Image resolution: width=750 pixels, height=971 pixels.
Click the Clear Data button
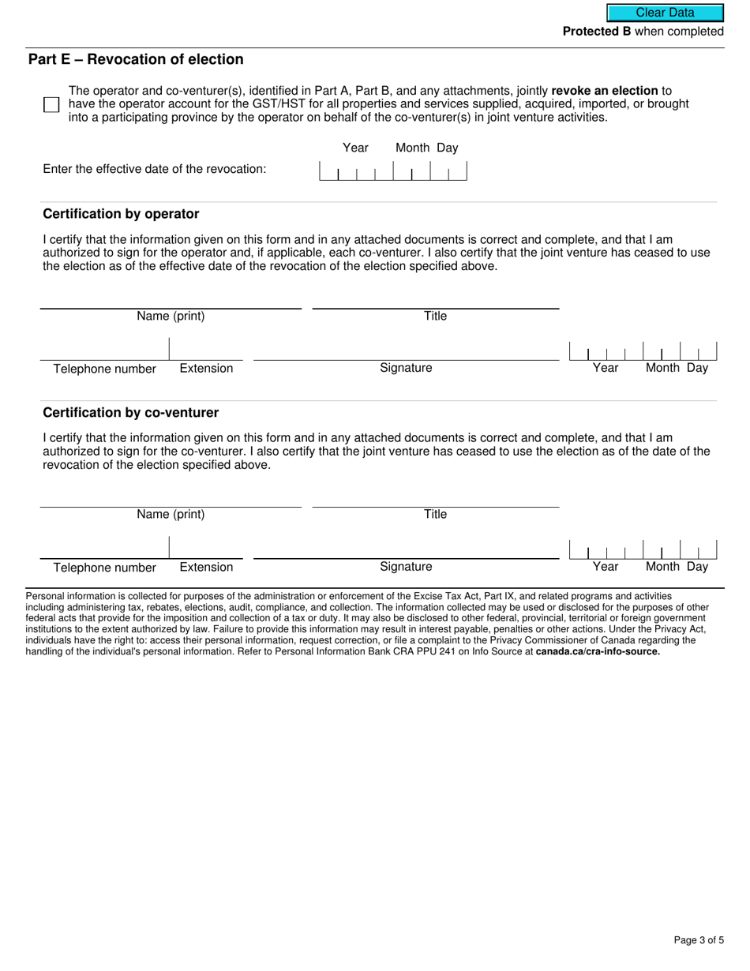(x=665, y=13)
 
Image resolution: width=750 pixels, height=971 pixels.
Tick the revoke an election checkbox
(x=51, y=105)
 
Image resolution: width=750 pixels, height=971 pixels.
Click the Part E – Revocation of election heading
(x=136, y=59)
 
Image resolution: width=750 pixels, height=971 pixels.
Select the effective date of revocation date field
(x=392, y=171)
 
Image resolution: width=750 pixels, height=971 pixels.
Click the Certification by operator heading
(x=121, y=214)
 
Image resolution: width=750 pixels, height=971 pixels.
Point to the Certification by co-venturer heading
(x=130, y=412)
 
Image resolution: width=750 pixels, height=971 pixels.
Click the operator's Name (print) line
(x=171, y=301)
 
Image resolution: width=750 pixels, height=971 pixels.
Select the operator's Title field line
(x=435, y=301)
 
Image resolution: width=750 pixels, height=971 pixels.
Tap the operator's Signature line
(x=406, y=353)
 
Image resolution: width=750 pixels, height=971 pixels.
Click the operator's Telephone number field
(x=104, y=351)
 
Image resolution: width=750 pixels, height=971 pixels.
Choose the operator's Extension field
(x=206, y=351)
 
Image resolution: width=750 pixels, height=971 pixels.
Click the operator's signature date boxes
(x=643, y=351)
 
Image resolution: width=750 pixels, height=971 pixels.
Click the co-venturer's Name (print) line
(x=171, y=500)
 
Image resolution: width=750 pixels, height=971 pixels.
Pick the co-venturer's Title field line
(x=435, y=500)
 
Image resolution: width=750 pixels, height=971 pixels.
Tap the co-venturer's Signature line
(x=406, y=551)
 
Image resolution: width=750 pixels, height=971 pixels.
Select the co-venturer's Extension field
(x=206, y=549)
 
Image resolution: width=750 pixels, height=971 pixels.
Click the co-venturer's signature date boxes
(x=643, y=549)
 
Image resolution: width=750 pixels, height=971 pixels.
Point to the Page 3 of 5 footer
(x=699, y=939)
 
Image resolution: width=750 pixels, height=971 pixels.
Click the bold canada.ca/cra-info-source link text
(x=598, y=652)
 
